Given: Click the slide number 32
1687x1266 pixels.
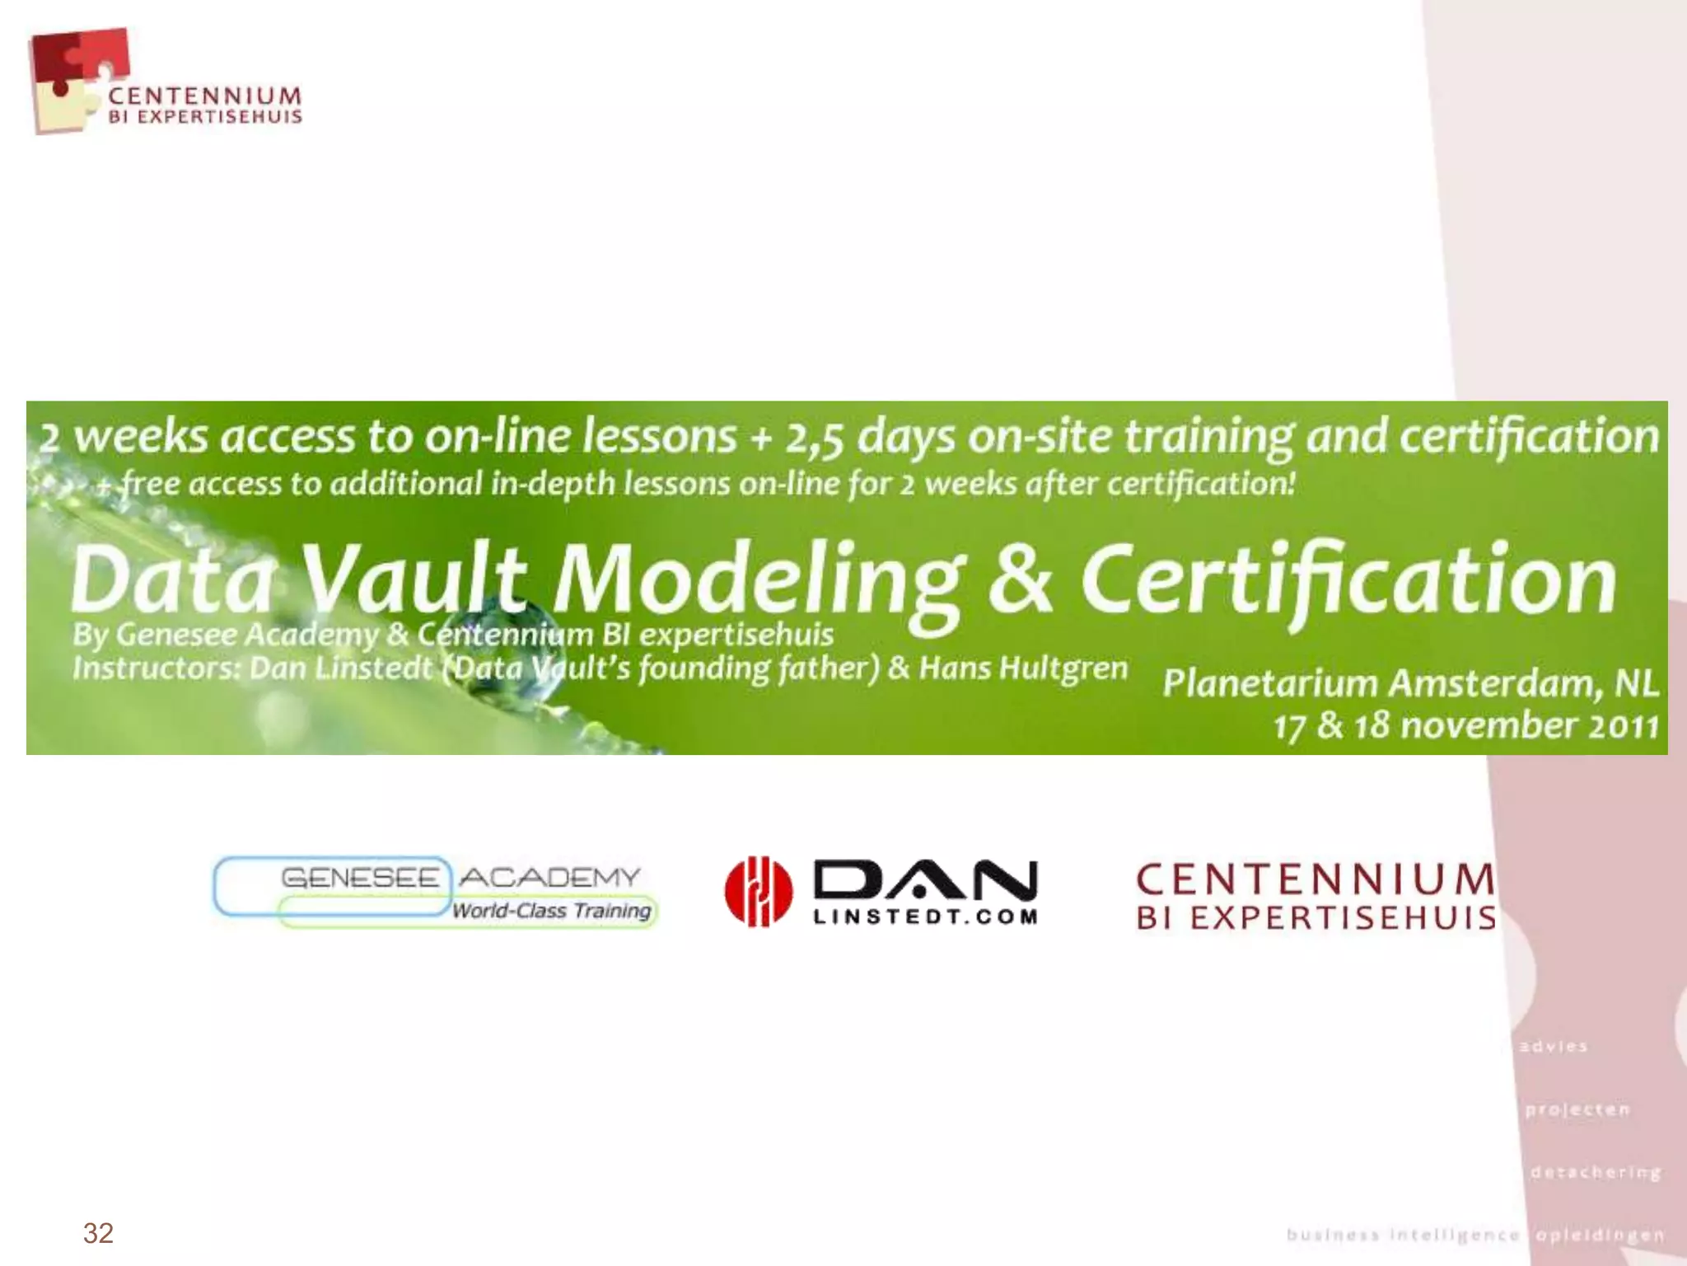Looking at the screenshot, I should tap(98, 1233).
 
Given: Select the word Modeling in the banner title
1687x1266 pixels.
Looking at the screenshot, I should tap(758, 581).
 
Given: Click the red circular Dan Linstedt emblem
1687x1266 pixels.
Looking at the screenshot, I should tap(759, 892).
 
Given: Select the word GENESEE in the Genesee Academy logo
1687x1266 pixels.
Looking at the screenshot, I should tap(361, 877).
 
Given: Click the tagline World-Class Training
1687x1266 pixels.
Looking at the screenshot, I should tap(551, 911).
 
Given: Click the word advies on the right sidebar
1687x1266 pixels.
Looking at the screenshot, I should tap(1554, 1047).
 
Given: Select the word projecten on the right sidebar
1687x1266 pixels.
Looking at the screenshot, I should tap(1577, 1109).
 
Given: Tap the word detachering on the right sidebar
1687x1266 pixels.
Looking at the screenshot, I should tap(1596, 1172).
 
